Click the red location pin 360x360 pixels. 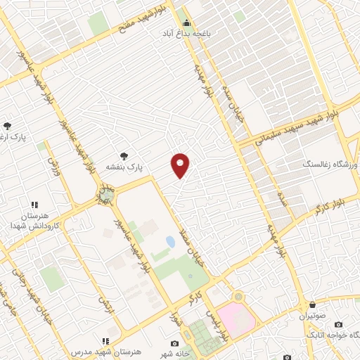click(181, 165)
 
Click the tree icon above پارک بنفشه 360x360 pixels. click(124, 156)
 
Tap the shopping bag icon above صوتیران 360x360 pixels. click(311, 305)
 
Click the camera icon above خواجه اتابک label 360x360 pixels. click(339, 325)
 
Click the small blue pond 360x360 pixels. click(170, 243)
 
